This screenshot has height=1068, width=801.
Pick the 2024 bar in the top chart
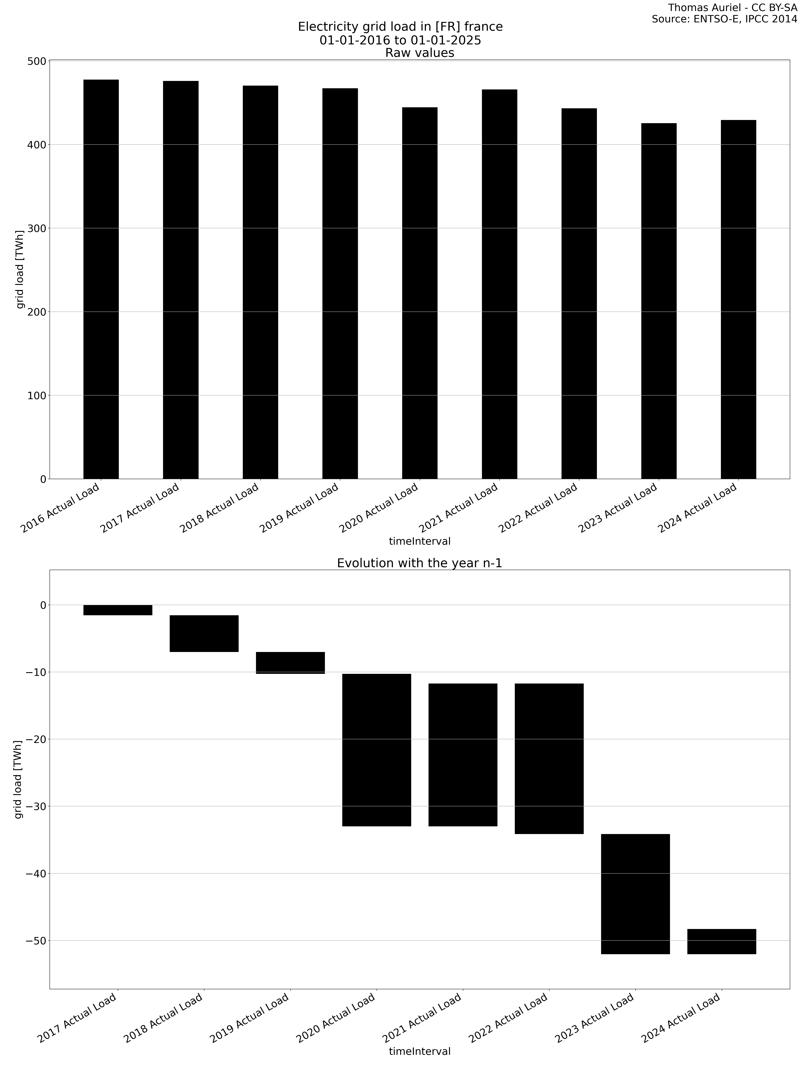point(738,299)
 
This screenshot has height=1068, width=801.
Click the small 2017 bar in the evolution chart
point(118,610)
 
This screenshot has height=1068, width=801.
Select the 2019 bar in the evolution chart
point(290,662)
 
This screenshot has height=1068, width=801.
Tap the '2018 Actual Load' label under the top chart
point(220,508)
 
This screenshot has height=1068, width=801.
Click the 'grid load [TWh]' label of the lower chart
point(18,779)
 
